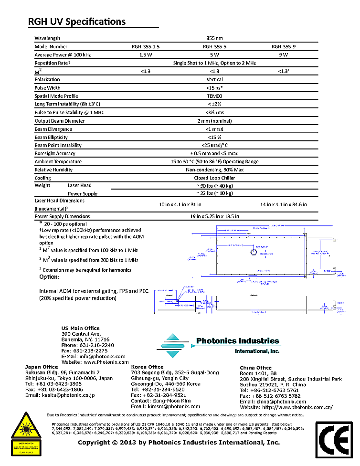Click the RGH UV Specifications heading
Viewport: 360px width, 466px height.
77,21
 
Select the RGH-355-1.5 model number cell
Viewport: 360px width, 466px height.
146,47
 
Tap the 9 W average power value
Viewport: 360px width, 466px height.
284,55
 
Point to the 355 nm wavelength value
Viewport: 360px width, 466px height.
214,38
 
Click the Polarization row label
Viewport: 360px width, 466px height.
47,79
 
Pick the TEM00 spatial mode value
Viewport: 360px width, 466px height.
214,96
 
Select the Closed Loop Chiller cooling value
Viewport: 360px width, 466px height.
214,178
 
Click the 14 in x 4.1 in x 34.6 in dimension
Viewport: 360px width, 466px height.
284,204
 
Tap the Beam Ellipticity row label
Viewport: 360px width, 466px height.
51,138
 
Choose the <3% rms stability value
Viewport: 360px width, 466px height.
214,112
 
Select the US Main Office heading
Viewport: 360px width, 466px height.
81,328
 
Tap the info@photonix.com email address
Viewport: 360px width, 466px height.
100,356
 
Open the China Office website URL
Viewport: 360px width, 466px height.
300,407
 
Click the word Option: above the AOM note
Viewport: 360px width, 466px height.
49,277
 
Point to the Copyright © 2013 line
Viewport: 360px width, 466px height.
179,443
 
